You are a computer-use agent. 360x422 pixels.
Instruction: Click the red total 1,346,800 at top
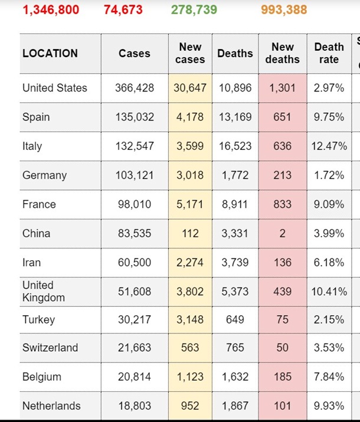click(x=51, y=10)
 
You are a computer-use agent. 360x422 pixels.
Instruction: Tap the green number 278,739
click(x=194, y=10)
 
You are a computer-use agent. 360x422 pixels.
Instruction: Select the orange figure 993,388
click(x=283, y=10)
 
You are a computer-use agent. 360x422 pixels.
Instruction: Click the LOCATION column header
click(x=50, y=53)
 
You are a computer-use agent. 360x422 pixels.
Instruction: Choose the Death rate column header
click(x=329, y=53)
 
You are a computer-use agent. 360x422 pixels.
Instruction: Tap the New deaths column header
click(x=282, y=53)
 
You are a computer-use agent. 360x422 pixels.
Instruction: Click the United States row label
click(x=54, y=88)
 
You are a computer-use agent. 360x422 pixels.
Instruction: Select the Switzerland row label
click(x=50, y=348)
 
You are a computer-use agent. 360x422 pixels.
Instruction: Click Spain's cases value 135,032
click(x=135, y=117)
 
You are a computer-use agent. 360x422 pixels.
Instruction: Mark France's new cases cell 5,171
click(x=190, y=204)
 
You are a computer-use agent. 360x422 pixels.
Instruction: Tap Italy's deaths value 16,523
click(x=235, y=146)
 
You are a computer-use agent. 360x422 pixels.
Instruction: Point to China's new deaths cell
click(x=282, y=233)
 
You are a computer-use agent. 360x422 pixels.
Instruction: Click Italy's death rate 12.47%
click(x=329, y=146)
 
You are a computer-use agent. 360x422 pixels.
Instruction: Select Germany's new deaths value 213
click(x=282, y=175)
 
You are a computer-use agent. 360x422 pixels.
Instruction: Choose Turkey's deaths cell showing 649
click(x=235, y=319)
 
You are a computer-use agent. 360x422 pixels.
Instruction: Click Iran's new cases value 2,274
click(x=190, y=263)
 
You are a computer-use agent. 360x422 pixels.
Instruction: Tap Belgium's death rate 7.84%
click(x=329, y=377)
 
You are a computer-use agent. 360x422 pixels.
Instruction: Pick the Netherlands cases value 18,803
click(x=135, y=406)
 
